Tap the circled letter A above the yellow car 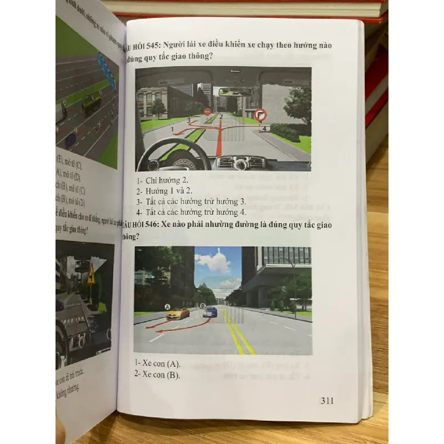click(x=167, y=306)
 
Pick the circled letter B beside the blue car click(x=203, y=306)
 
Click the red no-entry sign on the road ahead click(x=207, y=112)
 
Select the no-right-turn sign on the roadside click(x=261, y=115)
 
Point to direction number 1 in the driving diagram click(x=173, y=129)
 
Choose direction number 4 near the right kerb click(x=264, y=129)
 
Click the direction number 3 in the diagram click(x=189, y=120)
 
